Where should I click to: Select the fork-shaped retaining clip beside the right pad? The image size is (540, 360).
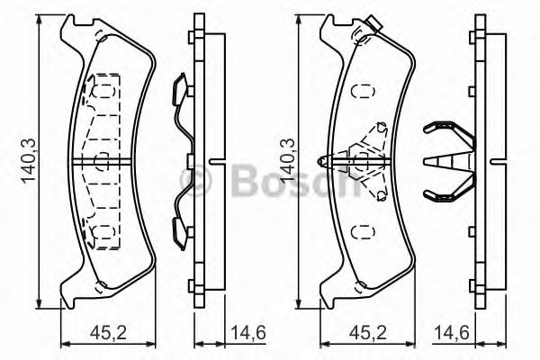[447, 161]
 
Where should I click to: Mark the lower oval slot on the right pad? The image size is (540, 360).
[364, 231]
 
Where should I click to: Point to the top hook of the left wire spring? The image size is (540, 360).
[179, 87]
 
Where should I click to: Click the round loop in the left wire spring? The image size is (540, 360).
[192, 184]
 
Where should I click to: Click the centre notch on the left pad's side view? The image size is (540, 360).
[211, 163]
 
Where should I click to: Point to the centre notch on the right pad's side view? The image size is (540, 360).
[493, 163]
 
